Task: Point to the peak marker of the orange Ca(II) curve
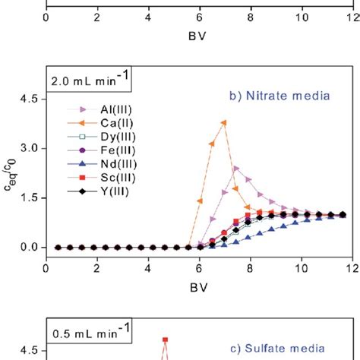pyautogui.click(x=223, y=122)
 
